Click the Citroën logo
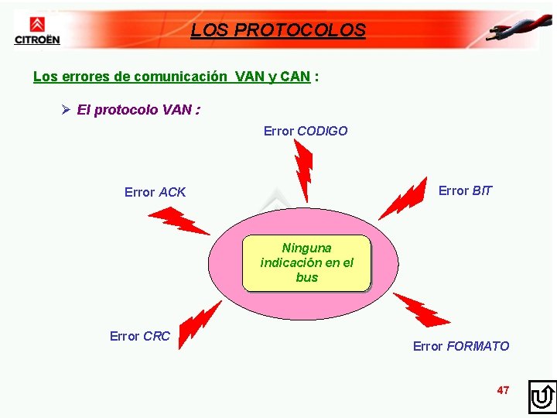(36, 29)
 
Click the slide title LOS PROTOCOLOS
(278, 30)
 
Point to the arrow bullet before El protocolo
(67, 110)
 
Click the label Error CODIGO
(306, 131)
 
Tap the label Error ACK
(155, 192)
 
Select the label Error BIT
(465, 190)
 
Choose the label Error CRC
(139, 336)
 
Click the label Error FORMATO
(461, 346)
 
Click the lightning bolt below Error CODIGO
(303, 172)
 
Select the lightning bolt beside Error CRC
(199, 322)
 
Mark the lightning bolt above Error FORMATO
(421, 310)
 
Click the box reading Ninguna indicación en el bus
(306, 262)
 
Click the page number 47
(503, 390)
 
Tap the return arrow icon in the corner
(542, 397)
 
